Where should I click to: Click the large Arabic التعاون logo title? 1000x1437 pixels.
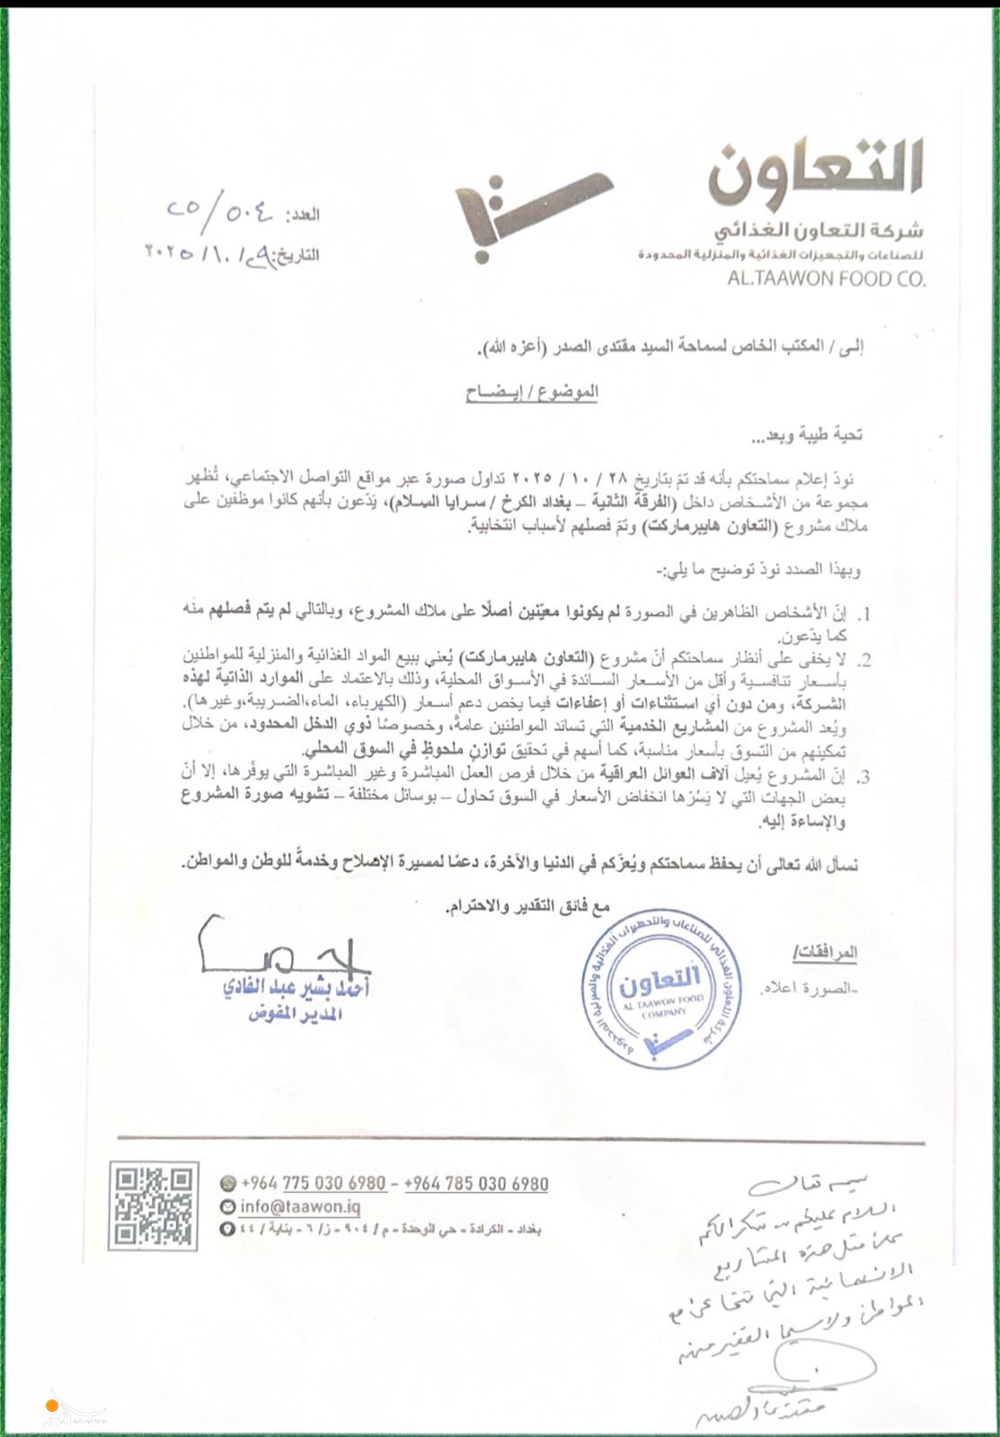click(x=813, y=170)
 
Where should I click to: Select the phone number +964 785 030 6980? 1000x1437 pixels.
click(x=476, y=1184)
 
